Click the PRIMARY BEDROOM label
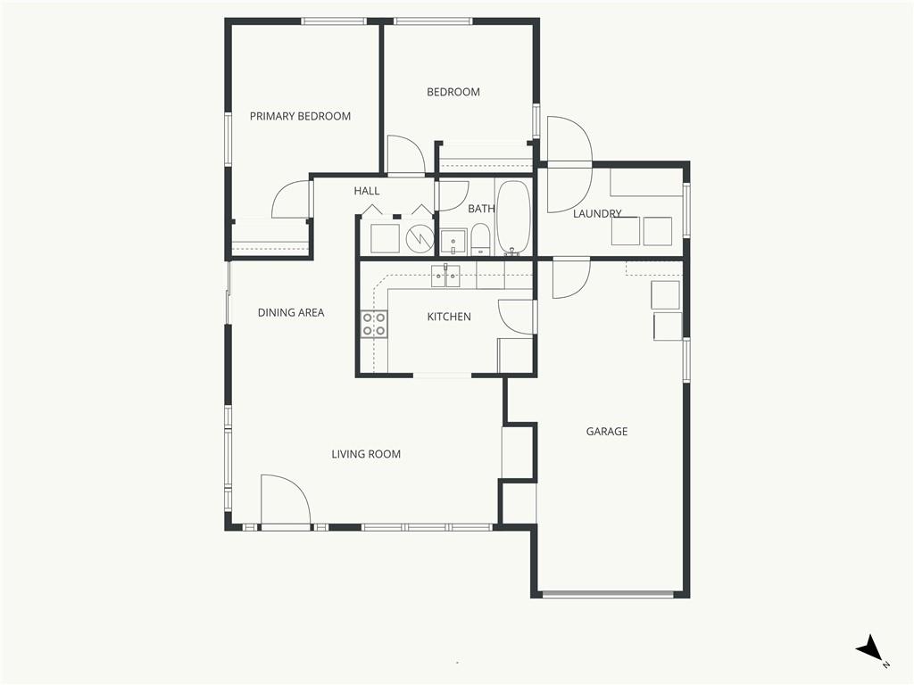[300, 117]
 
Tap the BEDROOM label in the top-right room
[453, 92]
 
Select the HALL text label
[367, 191]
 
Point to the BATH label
[481, 209]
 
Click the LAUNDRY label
[597, 214]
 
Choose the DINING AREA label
[291, 313]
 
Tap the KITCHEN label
[449, 317]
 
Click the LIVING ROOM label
[366, 454]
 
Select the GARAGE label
[607, 432]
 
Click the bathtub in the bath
[513, 218]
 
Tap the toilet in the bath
[480, 240]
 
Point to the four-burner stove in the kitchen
[374, 325]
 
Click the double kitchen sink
[445, 276]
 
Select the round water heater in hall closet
[420, 237]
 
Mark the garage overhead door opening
[607, 594]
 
